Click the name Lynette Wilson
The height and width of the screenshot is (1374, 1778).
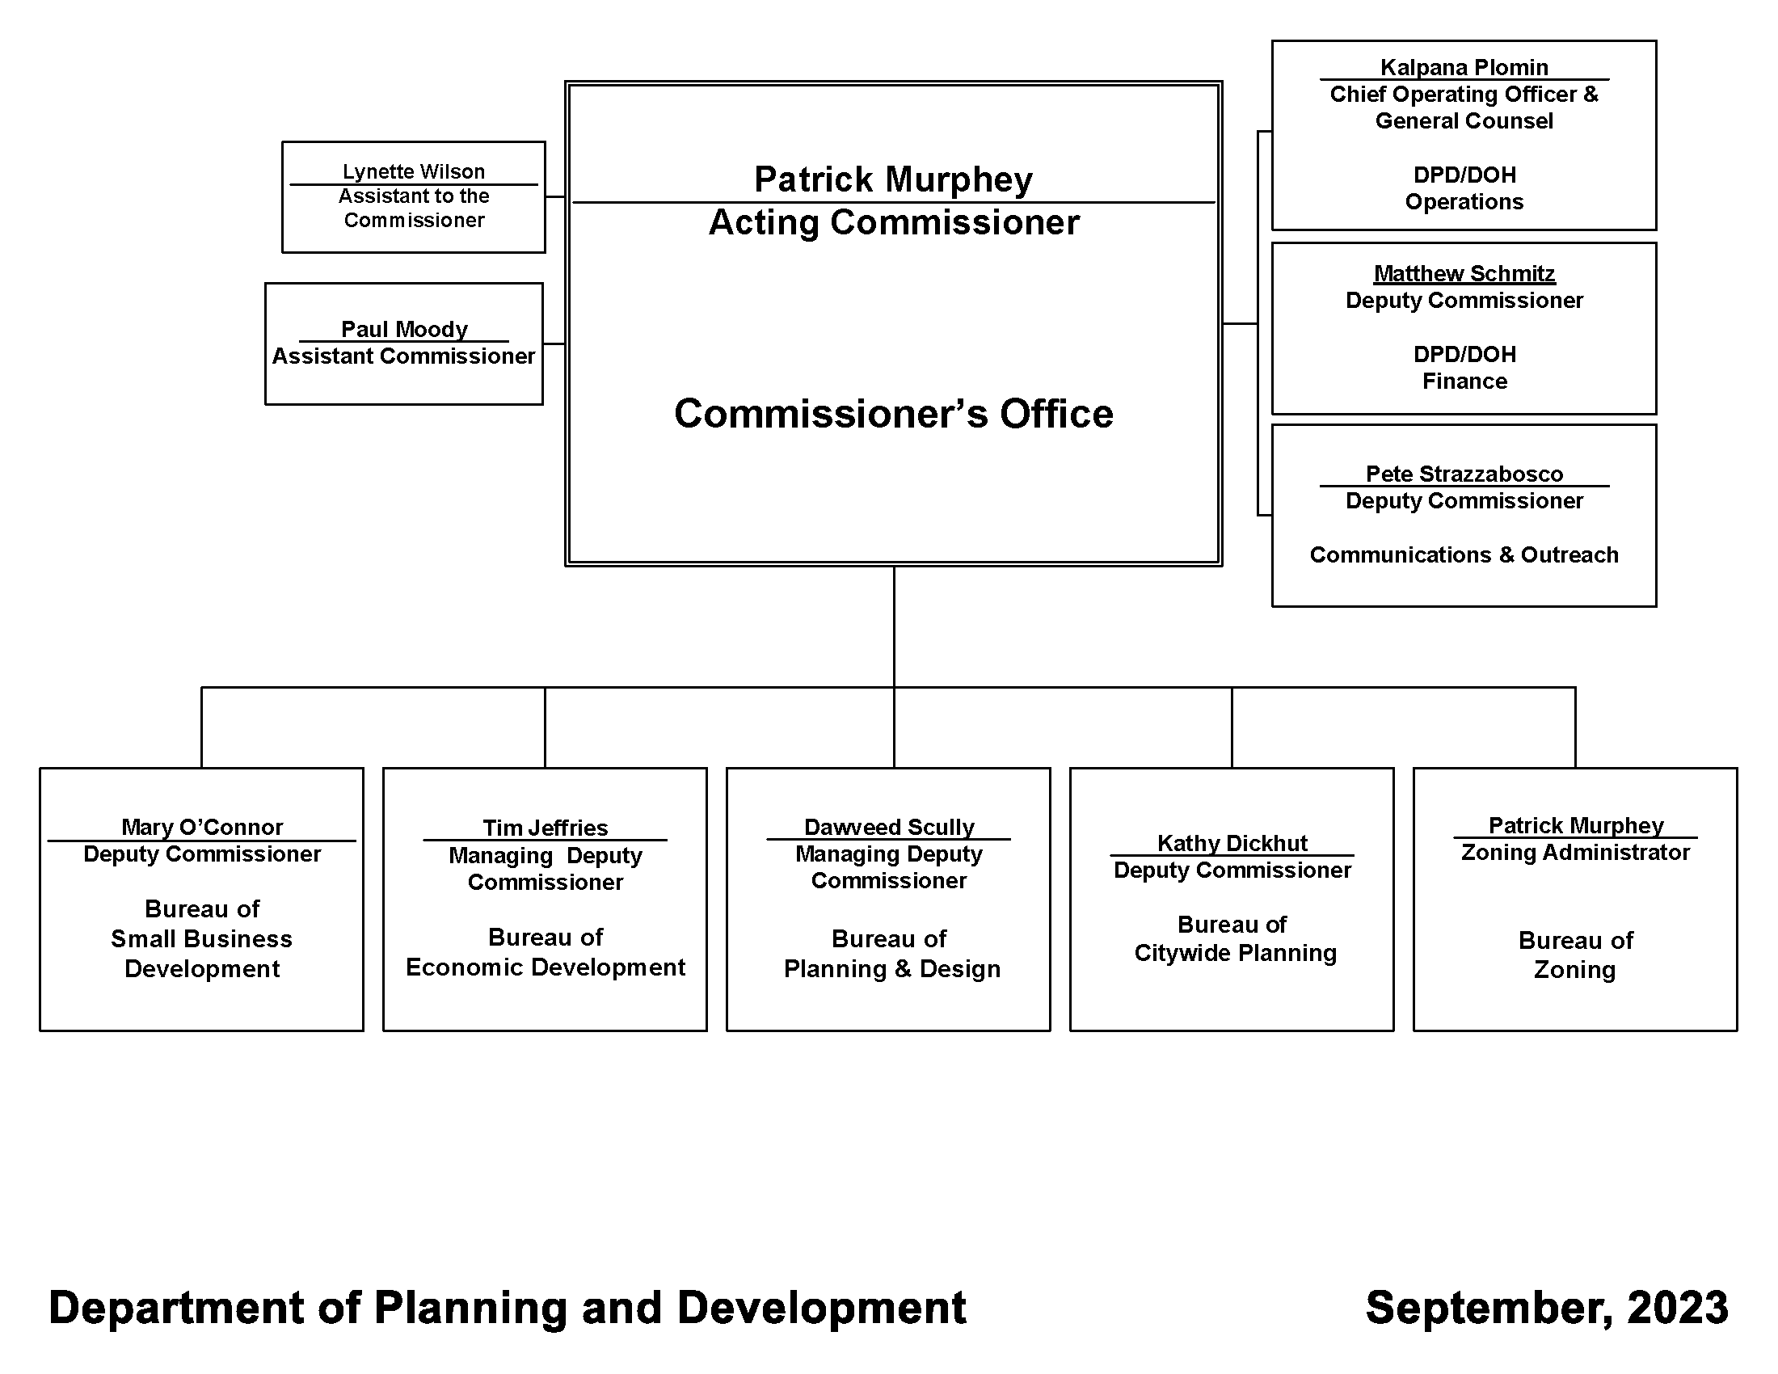[x=414, y=171]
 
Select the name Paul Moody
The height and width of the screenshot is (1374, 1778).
[x=404, y=329]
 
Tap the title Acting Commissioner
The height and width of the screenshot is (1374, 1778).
[x=894, y=222]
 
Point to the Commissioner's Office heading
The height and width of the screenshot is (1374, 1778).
[x=894, y=414]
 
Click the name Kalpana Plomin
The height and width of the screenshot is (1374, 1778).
[x=1464, y=68]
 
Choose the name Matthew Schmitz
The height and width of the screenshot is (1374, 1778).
[x=1464, y=273]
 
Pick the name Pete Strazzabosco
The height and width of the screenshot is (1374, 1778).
[x=1464, y=474]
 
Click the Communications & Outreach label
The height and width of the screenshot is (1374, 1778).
[x=1464, y=554]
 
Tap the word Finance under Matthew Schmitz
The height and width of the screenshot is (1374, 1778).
[x=1464, y=381]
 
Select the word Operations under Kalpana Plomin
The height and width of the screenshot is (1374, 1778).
[x=1464, y=202]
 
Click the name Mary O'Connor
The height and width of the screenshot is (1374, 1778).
[x=202, y=827]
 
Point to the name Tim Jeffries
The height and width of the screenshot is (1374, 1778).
[x=546, y=828]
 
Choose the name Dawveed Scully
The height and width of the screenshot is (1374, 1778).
[x=889, y=827]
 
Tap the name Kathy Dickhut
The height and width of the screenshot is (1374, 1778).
[x=1232, y=843]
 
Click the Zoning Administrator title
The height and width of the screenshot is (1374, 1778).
[x=1575, y=852]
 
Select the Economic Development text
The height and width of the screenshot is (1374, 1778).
[x=546, y=967]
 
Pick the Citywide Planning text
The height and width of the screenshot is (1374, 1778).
[x=1235, y=953]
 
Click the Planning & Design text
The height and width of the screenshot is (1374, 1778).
[x=892, y=968]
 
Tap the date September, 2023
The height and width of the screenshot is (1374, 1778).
[x=1547, y=1308]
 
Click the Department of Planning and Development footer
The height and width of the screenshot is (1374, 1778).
[x=508, y=1308]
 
